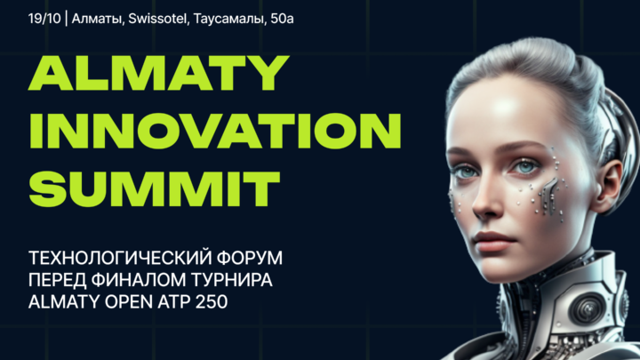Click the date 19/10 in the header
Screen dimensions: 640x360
pos(44,19)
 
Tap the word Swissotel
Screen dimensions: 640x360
pos(157,19)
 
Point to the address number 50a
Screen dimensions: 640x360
pos(282,19)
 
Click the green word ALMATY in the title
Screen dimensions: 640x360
pos(158,73)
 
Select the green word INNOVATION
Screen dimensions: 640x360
pos(215,131)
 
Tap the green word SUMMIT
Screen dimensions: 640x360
pos(155,189)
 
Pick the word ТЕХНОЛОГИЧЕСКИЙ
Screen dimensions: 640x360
pos(119,258)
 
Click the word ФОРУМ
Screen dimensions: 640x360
pos(250,258)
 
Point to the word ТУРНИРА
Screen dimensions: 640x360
pos(232,280)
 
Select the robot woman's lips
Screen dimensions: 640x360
pos(494,241)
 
